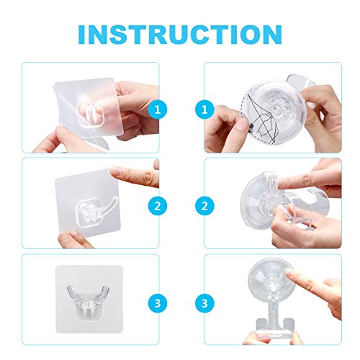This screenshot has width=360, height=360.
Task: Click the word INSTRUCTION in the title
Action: click(x=180, y=34)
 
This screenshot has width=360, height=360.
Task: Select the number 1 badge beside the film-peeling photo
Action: click(x=158, y=109)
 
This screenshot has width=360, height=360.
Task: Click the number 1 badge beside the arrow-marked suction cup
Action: click(x=204, y=109)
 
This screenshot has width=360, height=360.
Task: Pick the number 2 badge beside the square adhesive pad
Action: click(x=158, y=206)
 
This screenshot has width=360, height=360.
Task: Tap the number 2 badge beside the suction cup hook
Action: click(x=204, y=206)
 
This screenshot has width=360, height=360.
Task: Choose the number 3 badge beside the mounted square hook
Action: click(x=158, y=303)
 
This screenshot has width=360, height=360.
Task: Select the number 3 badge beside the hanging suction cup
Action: click(x=204, y=303)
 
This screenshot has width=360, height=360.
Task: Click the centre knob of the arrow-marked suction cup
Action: click(x=279, y=109)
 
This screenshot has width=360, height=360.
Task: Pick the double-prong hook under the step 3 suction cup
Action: click(x=275, y=323)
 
